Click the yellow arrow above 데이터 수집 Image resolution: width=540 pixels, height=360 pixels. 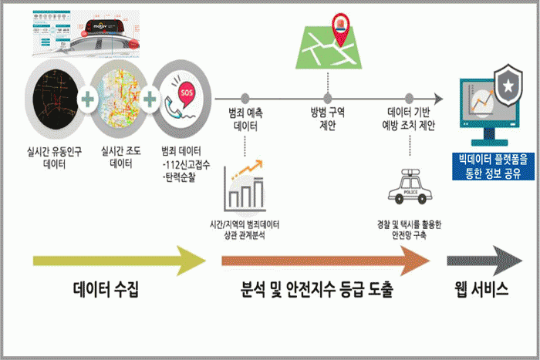tap(120, 261)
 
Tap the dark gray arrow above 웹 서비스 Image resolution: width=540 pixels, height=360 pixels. tap(486, 261)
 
